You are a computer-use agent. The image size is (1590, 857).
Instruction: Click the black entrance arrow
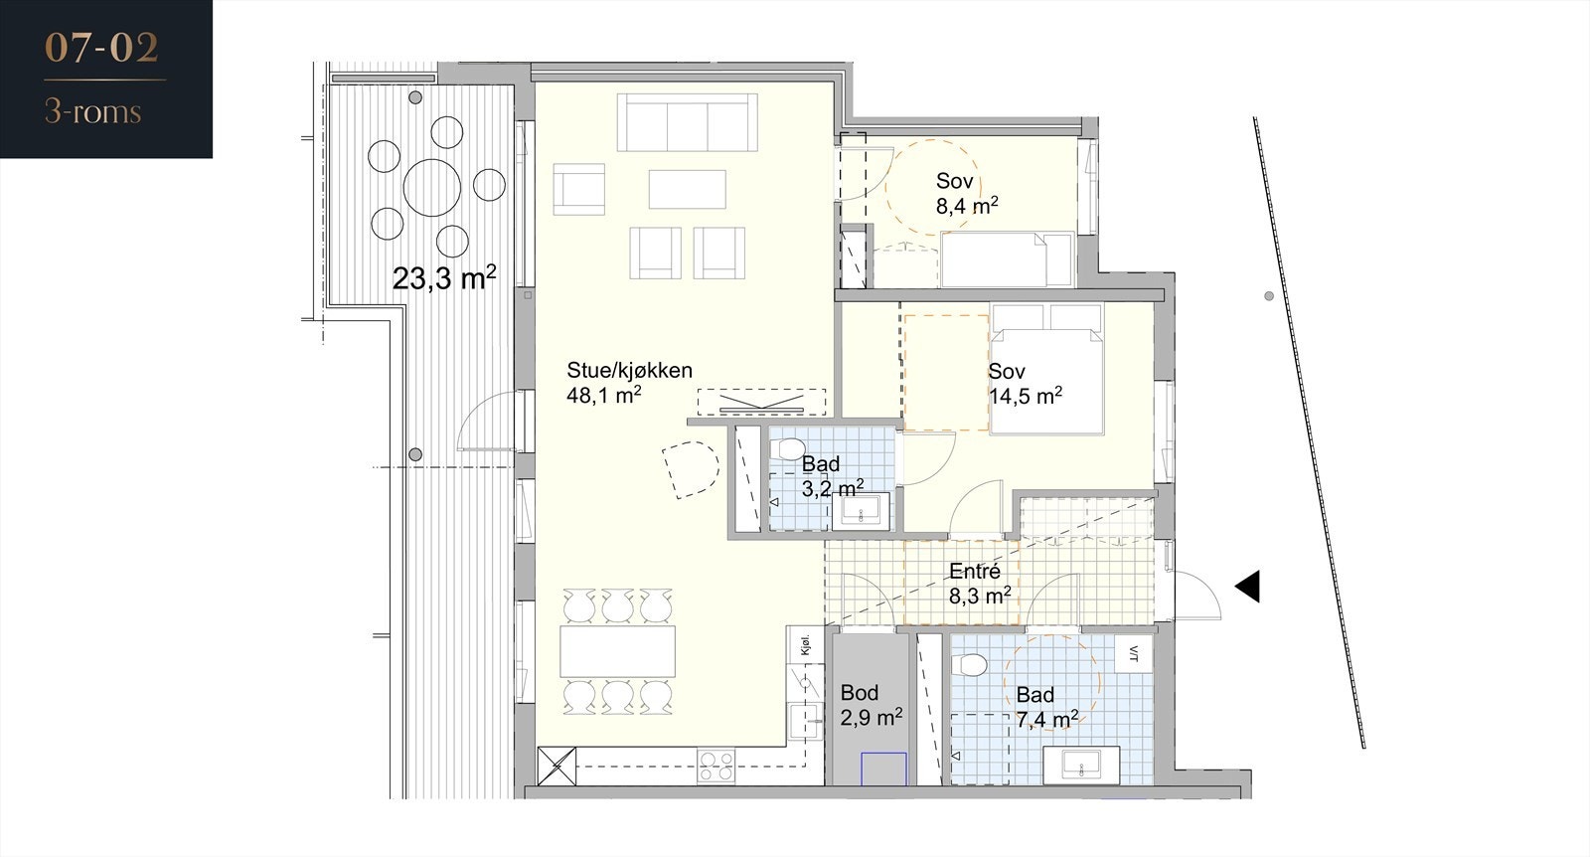point(1248,587)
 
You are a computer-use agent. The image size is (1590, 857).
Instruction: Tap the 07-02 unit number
point(101,49)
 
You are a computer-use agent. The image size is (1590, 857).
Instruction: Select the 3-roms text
point(93,112)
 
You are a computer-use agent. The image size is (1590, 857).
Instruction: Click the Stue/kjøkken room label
point(629,370)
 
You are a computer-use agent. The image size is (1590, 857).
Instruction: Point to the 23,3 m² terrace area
point(444,277)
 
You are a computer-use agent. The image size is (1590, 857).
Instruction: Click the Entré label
point(975,571)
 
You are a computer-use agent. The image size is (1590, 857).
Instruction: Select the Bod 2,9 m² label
point(871,704)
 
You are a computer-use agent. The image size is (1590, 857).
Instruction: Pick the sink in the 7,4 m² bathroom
point(1081,765)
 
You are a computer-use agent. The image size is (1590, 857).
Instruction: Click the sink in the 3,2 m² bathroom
point(861,510)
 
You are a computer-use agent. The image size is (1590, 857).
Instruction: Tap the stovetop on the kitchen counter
point(715,767)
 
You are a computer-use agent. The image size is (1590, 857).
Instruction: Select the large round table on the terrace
point(432,188)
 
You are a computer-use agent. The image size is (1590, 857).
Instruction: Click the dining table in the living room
point(617,651)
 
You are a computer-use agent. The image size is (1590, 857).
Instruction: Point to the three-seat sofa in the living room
point(687,122)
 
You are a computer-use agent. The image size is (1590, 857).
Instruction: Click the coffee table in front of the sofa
point(687,189)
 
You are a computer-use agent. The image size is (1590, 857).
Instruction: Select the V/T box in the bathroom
point(1133,653)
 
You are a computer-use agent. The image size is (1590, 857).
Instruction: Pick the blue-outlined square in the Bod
point(883,769)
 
